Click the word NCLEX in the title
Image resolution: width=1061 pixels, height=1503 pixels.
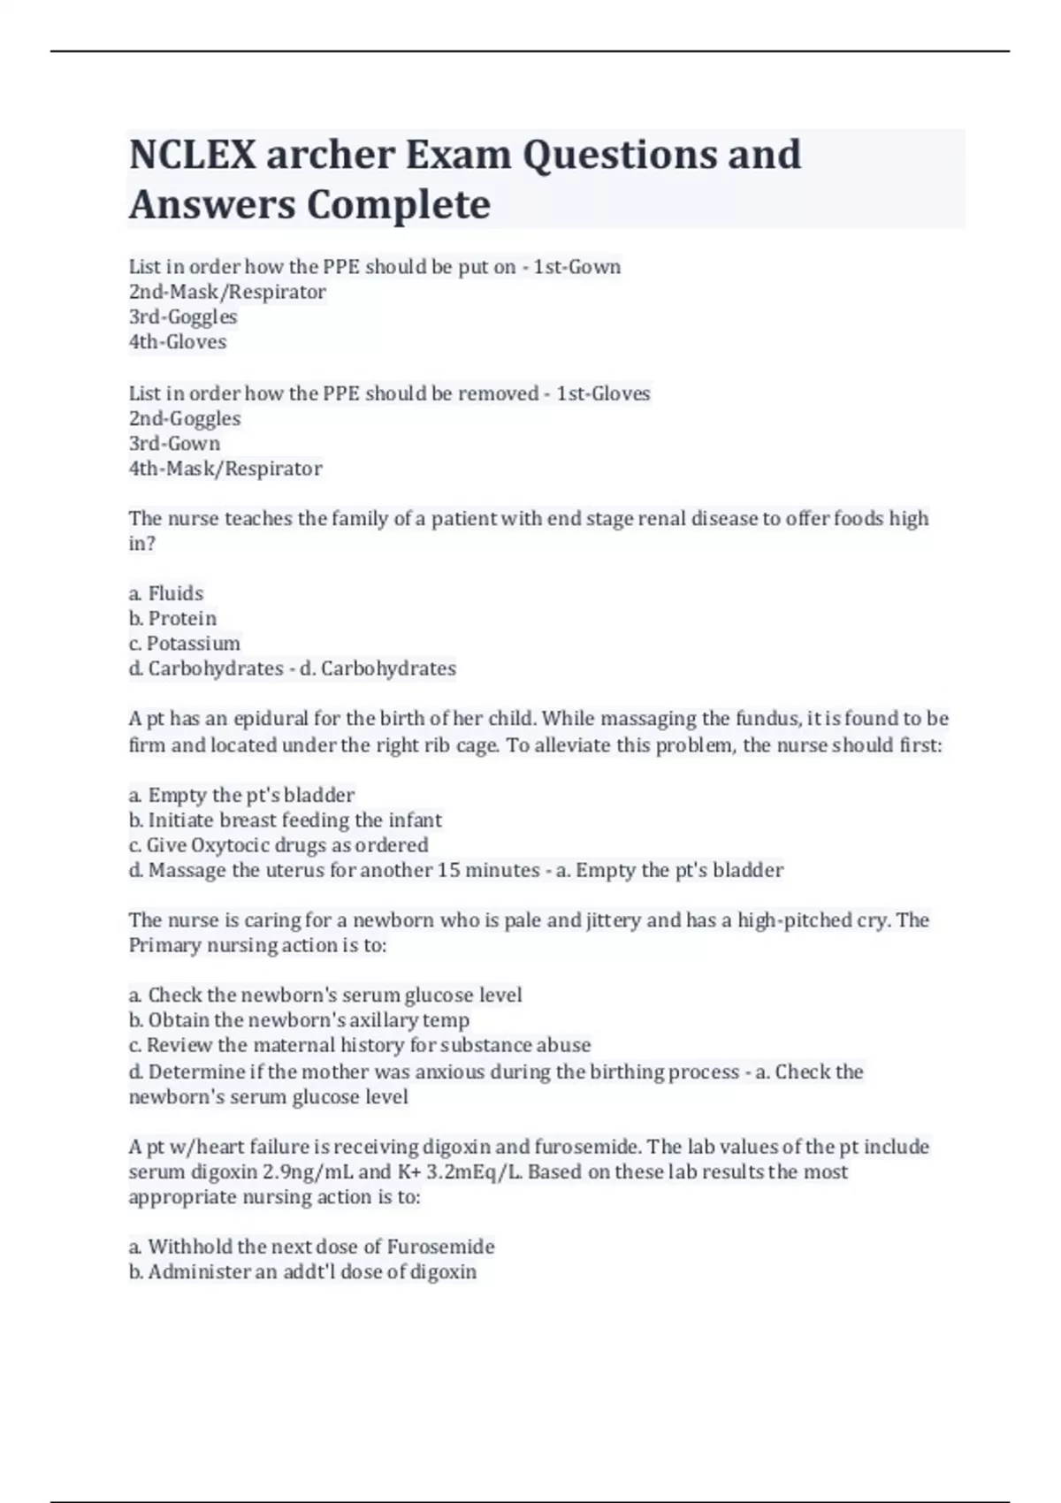pos(191,155)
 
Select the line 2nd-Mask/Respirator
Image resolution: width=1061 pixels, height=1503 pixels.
pos(227,292)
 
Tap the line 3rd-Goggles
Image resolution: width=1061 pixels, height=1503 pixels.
pos(183,317)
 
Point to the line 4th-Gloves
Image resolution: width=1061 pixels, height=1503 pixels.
pos(178,341)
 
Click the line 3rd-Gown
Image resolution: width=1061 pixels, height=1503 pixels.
pos(174,443)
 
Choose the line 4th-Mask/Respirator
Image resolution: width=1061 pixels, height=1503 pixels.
pos(225,468)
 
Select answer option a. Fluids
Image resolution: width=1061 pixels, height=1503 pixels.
pos(166,593)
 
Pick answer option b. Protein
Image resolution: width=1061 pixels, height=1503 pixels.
pos(172,618)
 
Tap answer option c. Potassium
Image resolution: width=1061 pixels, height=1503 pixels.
pos(184,643)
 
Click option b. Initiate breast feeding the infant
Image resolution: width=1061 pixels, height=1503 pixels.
pos(285,820)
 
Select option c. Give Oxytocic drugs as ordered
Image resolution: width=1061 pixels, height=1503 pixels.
pos(278,844)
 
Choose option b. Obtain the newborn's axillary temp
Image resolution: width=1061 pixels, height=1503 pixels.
pos(299,1019)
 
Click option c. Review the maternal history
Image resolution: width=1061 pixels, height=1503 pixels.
pos(359,1044)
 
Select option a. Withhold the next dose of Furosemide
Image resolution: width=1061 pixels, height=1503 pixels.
pos(311,1247)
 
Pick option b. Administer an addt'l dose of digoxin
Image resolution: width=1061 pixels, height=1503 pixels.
pos(302,1271)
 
